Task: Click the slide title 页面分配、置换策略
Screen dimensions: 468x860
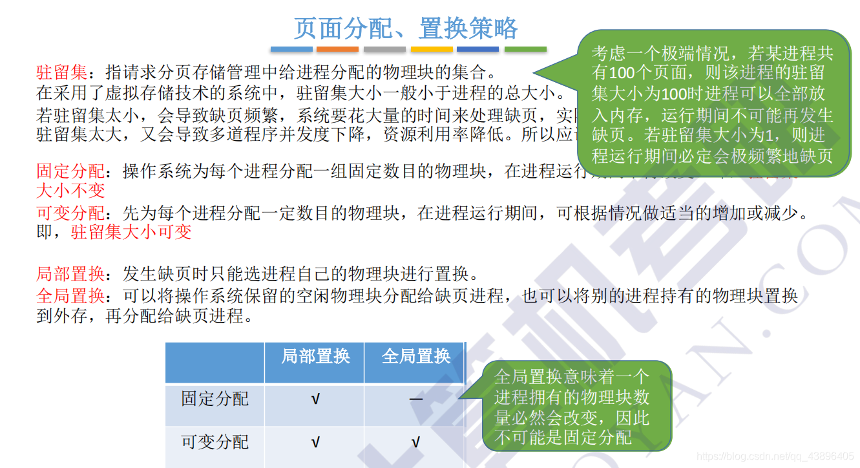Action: [x=406, y=28]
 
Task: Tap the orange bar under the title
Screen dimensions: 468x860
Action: [x=337, y=49]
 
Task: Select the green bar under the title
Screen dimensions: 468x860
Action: [x=525, y=49]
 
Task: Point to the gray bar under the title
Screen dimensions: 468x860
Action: [x=384, y=49]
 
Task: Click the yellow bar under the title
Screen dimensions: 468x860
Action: [x=432, y=49]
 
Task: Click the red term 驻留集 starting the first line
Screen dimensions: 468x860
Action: [x=61, y=71]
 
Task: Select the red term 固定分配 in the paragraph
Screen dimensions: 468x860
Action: [x=70, y=171]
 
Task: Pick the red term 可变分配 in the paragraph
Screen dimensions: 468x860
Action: [x=70, y=213]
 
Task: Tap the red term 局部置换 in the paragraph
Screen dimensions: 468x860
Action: [x=70, y=273]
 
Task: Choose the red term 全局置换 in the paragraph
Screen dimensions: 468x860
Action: [x=70, y=296]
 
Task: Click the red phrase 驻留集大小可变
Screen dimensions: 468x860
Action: [x=131, y=232]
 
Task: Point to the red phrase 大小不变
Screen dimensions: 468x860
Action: [x=70, y=191]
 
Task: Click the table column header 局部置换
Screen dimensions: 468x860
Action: [x=315, y=356]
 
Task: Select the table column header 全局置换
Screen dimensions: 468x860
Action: [x=415, y=356]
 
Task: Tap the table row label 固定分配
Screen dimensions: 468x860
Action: [x=215, y=399]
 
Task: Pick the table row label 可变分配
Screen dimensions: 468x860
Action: [x=215, y=442]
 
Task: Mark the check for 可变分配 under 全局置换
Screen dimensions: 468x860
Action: [x=415, y=443]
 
